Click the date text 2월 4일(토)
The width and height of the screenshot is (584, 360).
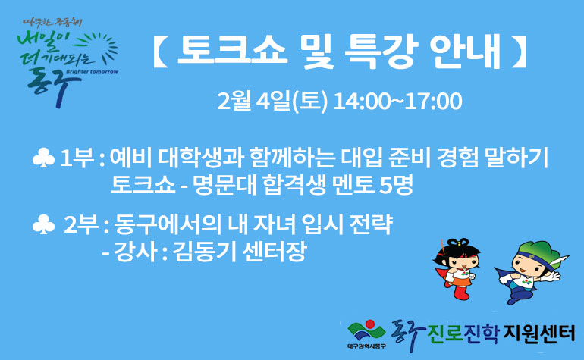[272, 101]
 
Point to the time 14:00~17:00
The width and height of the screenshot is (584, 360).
[397, 102]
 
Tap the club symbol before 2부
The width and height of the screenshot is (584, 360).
[43, 224]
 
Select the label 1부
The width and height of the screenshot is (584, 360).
[77, 158]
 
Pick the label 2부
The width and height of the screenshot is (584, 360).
[81, 224]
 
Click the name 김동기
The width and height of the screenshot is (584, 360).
[205, 252]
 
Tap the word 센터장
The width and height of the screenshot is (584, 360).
[274, 252]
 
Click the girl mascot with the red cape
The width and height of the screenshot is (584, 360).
[457, 268]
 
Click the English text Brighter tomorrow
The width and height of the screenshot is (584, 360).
[92, 71]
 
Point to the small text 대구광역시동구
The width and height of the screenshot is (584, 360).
[366, 346]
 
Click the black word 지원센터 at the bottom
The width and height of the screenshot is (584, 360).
[538, 333]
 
